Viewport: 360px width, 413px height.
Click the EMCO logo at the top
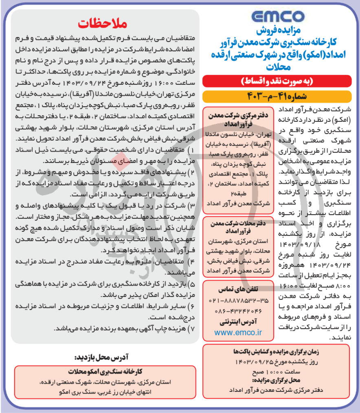pos(277,17)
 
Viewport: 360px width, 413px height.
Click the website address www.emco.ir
pos(238,333)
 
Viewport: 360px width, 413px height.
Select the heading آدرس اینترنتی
pos(238,322)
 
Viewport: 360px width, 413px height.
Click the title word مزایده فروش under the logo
pos(277,32)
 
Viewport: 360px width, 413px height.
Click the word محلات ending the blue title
pos(277,66)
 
